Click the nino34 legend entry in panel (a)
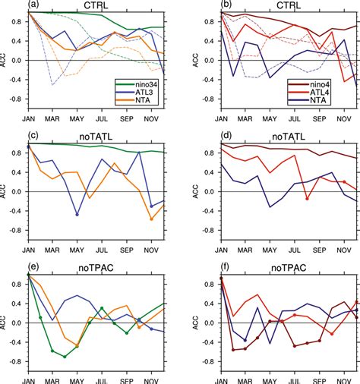[137, 84]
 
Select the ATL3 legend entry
[137, 93]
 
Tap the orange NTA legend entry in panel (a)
[137, 100]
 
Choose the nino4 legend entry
[309, 84]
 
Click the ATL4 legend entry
[309, 93]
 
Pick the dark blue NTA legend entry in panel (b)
[309, 100]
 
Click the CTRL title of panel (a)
[96, 5]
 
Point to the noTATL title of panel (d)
[289, 137]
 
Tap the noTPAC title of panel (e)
[96, 268]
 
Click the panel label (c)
[33, 136]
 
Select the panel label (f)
[225, 267]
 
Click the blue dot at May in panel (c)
[77, 215]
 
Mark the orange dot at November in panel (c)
[151, 219]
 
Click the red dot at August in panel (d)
[307, 199]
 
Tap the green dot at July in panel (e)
[102, 308]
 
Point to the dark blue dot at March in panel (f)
[245, 340]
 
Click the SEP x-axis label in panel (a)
[127, 118]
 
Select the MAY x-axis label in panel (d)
[270, 250]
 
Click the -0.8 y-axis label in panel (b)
[209, 99]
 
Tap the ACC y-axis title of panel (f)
[195, 323]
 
